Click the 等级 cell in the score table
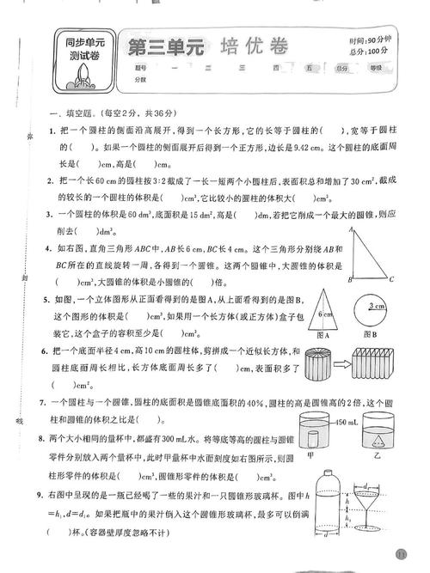[375, 67]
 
